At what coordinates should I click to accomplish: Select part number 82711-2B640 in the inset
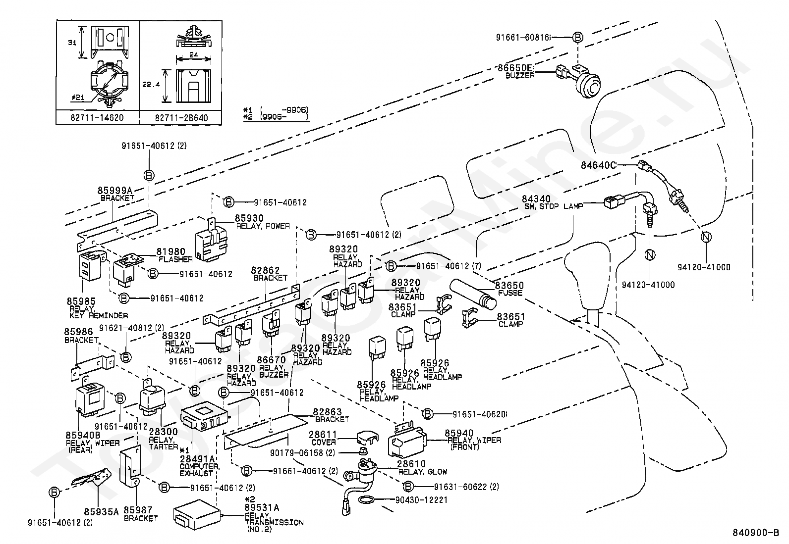click(x=181, y=118)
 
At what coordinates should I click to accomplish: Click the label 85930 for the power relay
click(x=249, y=218)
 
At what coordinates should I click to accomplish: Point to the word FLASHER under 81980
click(x=175, y=259)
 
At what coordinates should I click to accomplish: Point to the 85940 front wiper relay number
click(x=459, y=433)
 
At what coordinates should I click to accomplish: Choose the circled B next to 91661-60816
click(x=577, y=37)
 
